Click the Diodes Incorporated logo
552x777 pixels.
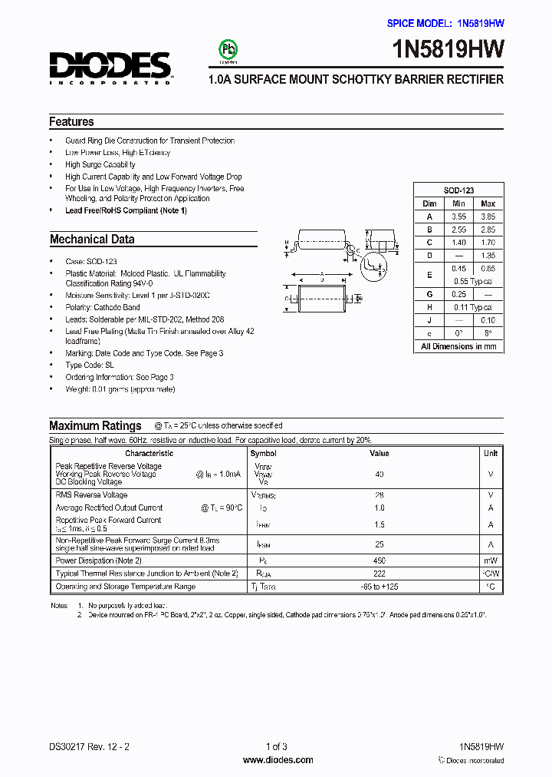point(110,66)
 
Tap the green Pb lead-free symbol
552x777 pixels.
point(228,49)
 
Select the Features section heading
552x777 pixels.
point(71,122)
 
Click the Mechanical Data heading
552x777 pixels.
point(92,240)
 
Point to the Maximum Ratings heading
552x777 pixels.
point(95,426)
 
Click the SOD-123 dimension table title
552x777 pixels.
point(458,190)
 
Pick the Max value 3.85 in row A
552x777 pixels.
point(488,217)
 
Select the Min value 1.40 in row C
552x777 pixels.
point(458,242)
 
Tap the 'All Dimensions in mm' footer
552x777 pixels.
point(458,346)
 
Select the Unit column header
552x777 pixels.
point(491,453)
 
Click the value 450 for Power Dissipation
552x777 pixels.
point(379,561)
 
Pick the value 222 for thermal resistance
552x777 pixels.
point(379,574)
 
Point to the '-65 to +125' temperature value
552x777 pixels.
point(379,587)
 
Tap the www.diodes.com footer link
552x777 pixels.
point(278,760)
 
